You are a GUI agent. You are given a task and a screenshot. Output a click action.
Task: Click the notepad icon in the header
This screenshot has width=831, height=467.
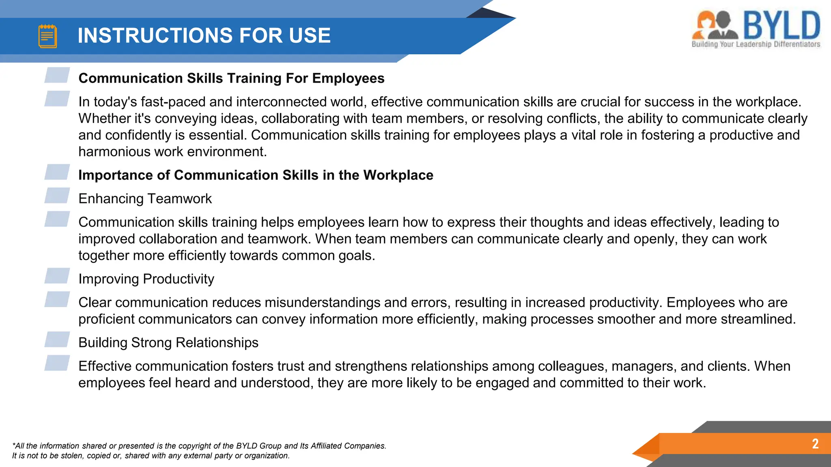click(x=47, y=36)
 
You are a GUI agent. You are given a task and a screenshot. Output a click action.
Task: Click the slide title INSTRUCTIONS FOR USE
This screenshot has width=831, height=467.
click(x=204, y=36)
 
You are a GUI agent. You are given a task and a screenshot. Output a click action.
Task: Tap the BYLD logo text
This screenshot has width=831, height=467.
click(x=781, y=25)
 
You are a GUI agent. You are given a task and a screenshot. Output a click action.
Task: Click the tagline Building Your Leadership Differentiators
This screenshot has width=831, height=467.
click(x=756, y=44)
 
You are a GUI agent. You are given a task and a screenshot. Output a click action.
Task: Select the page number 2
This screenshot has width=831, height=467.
click(x=815, y=443)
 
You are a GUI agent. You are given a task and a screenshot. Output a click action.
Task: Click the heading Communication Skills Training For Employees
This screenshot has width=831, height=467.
click(x=231, y=78)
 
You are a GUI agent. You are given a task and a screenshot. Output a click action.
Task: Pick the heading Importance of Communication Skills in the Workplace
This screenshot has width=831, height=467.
click(x=256, y=175)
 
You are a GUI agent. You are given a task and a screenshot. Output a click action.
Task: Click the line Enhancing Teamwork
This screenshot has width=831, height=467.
click(x=145, y=199)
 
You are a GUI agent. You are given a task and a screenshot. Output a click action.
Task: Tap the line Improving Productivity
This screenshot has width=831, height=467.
click(x=146, y=279)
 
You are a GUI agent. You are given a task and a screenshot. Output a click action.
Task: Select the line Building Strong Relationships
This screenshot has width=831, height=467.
click(x=168, y=343)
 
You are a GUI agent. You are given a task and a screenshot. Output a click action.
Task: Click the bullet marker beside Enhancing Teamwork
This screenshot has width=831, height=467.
click(x=57, y=195)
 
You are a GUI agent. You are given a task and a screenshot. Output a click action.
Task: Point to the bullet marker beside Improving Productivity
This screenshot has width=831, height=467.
click(x=57, y=276)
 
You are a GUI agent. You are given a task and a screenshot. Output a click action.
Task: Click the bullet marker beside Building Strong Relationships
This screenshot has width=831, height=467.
click(x=57, y=339)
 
